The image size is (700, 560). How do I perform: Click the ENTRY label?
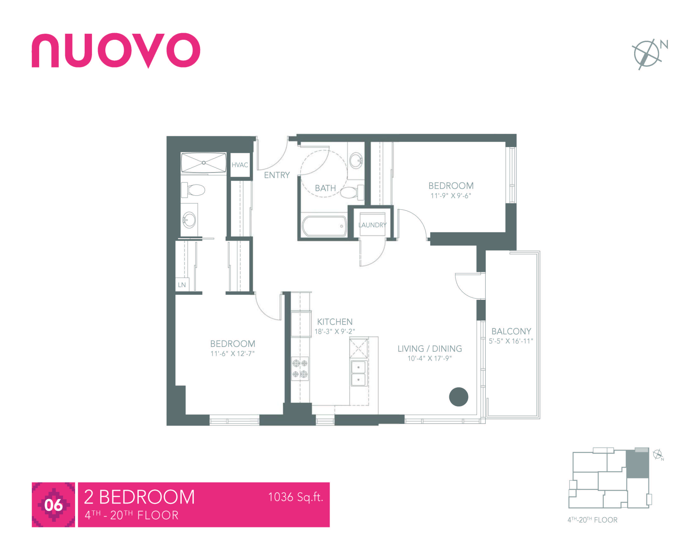coord(277,175)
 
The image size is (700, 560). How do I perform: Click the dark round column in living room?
coord(458,397)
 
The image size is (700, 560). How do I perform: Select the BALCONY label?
coord(511,331)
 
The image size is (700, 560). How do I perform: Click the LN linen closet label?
coord(182,285)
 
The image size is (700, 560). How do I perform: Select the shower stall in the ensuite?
coord(204,163)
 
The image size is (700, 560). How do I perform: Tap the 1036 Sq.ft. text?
coord(295,497)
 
